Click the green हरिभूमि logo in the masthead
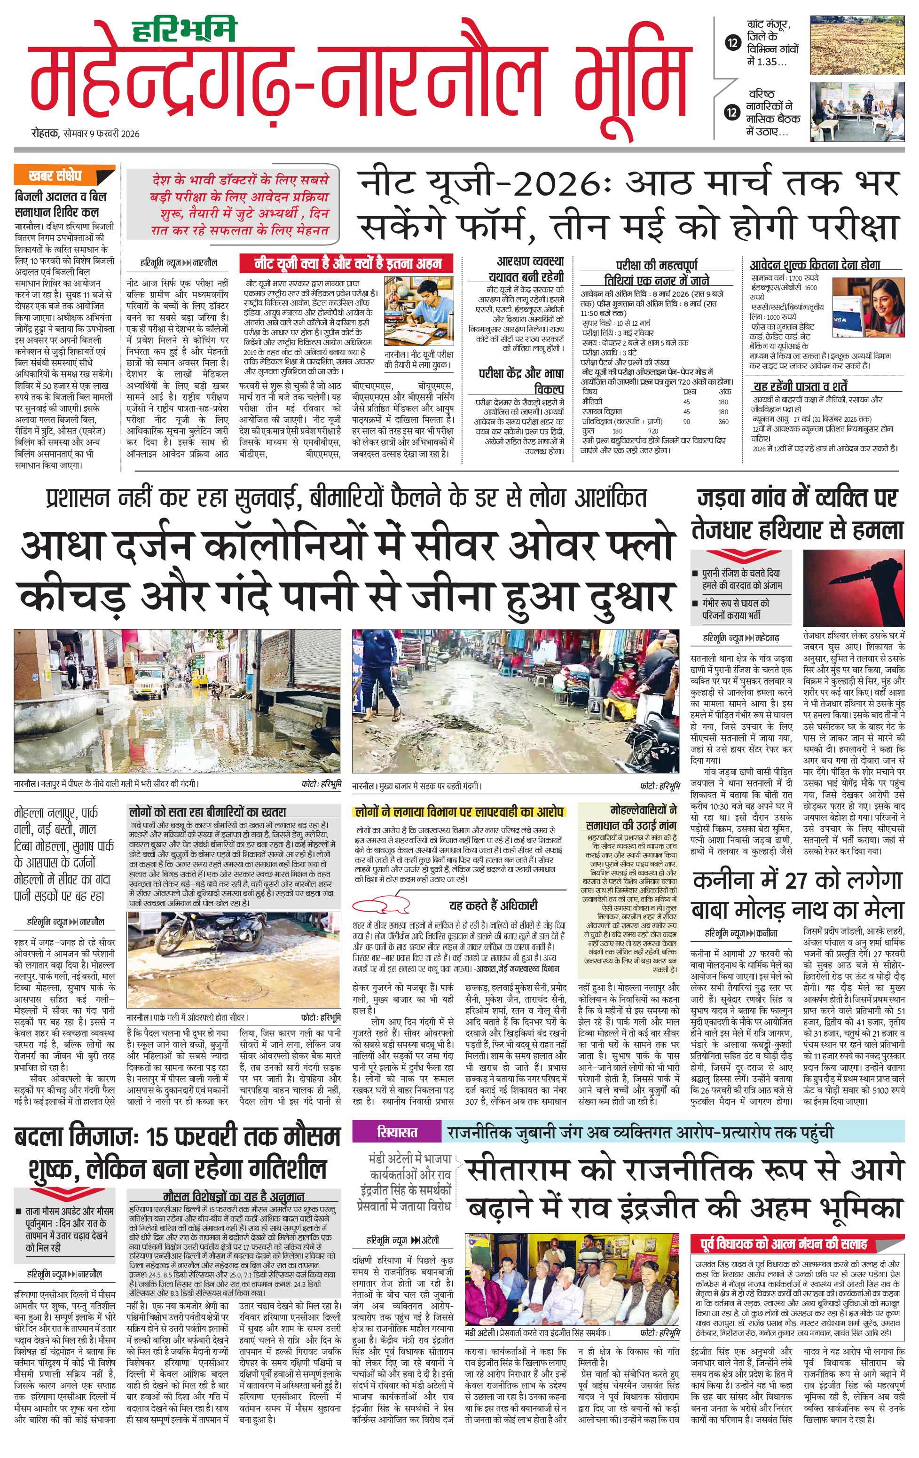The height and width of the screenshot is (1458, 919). pos(183,30)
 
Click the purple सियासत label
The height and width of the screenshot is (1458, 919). pos(397,1132)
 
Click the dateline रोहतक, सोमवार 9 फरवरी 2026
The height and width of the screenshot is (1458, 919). pos(86,133)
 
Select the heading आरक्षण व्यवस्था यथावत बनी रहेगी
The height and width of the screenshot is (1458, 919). pos(526,268)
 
